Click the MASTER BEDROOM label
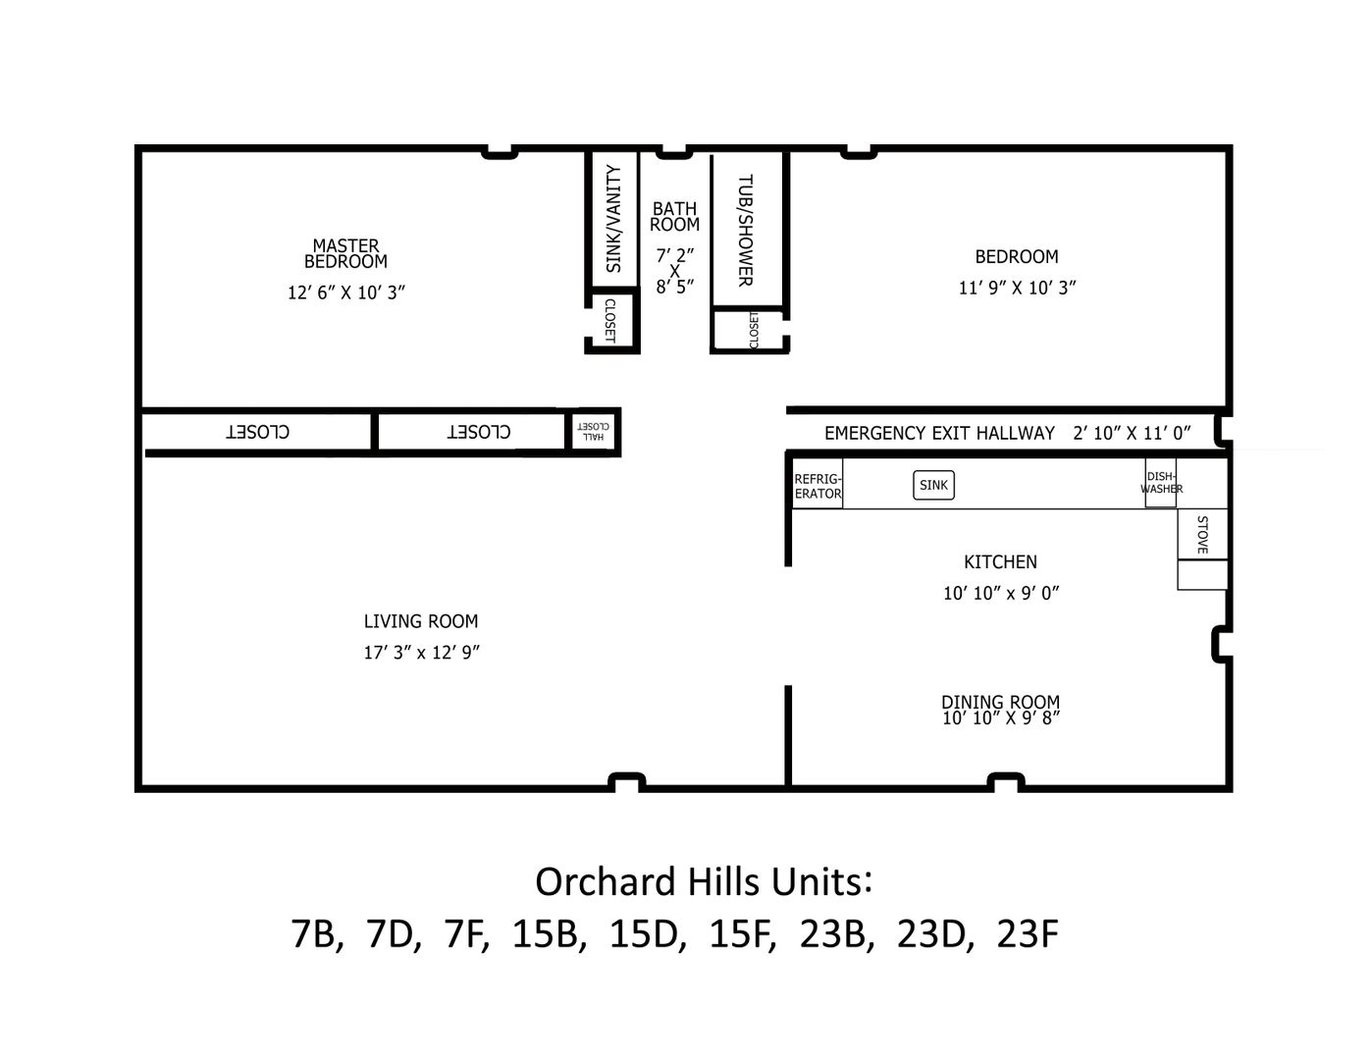[x=345, y=253]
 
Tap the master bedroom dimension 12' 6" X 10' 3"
[x=346, y=292]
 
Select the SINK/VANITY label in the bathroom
[x=613, y=219]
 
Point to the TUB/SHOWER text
[x=746, y=231]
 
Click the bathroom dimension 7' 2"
[x=675, y=255]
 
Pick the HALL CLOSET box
[x=593, y=431]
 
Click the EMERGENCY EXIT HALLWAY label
[x=939, y=433]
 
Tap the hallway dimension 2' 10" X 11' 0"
[x=1133, y=433]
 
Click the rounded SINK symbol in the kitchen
[x=934, y=485]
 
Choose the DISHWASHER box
[x=1161, y=483]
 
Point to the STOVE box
[x=1203, y=534]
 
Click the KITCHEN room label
[x=1001, y=561]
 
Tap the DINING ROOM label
[x=1001, y=702]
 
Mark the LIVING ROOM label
[x=421, y=621]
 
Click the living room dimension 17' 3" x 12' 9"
[x=422, y=652]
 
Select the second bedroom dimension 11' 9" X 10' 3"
[x=1017, y=288]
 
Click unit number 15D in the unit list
[x=647, y=933]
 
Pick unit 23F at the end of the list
[x=1028, y=933]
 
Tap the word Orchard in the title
[x=606, y=881]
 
